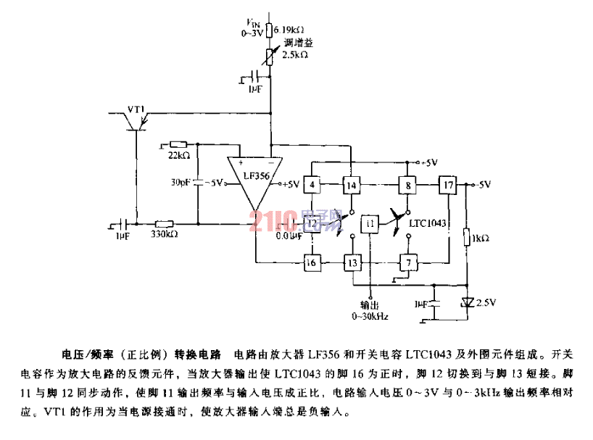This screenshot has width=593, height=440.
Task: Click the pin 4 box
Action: [x=312, y=185]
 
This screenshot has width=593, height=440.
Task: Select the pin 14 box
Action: [x=352, y=185]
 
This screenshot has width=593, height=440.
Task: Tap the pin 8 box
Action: [x=407, y=185]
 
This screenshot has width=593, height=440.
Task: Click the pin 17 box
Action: [x=448, y=185]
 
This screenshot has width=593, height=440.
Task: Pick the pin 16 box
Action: [x=312, y=262]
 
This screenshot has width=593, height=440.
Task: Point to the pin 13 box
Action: [x=352, y=262]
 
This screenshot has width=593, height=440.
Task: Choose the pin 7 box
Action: [x=407, y=262]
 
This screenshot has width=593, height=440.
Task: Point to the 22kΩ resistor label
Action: [x=178, y=156]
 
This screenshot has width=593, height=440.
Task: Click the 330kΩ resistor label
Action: [x=165, y=234]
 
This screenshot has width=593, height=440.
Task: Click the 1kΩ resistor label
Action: [x=480, y=237]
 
